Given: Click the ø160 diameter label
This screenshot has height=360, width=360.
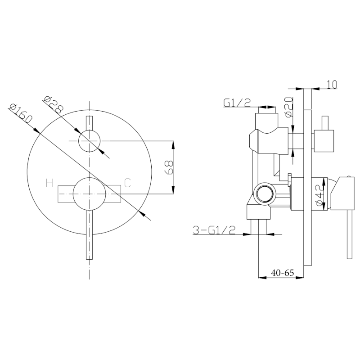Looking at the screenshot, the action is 21,114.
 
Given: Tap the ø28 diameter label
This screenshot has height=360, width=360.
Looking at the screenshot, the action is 53,105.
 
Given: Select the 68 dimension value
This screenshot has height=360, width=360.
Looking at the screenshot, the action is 169,167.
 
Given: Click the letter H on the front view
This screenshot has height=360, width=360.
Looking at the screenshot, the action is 49,183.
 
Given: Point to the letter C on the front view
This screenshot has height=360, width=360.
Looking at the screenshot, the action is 127,183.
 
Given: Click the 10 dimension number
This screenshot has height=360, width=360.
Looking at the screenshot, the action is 332,85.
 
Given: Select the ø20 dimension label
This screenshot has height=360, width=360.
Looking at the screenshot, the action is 289,107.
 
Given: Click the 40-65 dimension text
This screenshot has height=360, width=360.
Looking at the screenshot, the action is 283,273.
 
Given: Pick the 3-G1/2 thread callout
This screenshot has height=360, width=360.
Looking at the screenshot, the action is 214,230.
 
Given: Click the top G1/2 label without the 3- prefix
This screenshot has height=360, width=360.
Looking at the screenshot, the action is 237,103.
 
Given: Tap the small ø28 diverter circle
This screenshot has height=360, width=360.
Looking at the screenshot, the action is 89,141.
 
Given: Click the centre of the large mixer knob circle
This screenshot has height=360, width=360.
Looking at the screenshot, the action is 89,194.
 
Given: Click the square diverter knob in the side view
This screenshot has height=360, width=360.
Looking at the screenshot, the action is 324,141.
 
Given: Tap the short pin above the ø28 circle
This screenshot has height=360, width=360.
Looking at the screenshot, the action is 89,123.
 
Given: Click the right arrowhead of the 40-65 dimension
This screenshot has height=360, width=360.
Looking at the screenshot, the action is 300,278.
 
